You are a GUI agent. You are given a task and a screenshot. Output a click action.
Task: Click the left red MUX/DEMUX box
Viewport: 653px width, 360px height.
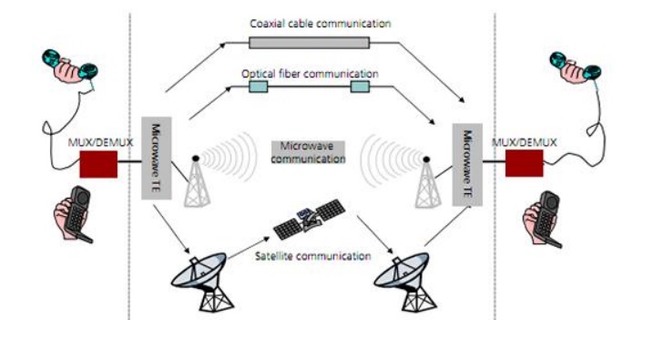[x=98, y=164]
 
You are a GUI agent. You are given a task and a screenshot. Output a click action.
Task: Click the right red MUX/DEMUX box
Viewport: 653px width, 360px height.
[x=525, y=163]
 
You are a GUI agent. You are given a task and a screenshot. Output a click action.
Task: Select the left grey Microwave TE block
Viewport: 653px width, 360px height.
[x=156, y=158]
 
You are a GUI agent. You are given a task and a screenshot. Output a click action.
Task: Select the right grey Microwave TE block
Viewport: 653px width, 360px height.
[x=467, y=165]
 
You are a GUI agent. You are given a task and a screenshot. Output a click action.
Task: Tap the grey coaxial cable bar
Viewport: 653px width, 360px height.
[x=309, y=43]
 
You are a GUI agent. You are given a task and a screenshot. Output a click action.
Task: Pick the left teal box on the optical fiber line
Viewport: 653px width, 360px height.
[x=259, y=87]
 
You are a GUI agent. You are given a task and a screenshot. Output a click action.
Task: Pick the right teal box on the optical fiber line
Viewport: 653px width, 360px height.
[x=360, y=87]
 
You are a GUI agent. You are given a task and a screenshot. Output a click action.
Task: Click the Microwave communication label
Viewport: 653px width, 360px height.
[x=308, y=152]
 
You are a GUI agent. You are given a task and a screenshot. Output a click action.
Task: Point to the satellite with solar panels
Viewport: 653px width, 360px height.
[x=309, y=219]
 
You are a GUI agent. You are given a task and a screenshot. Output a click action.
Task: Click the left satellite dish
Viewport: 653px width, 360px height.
[x=202, y=282]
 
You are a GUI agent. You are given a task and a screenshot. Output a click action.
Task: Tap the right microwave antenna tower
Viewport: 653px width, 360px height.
[x=427, y=182]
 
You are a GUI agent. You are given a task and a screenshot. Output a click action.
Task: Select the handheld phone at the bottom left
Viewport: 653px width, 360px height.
[x=73, y=214]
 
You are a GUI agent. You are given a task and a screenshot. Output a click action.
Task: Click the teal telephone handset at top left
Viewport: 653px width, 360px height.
[x=70, y=67]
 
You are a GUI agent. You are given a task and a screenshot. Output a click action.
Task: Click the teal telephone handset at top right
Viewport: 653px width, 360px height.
[x=576, y=67]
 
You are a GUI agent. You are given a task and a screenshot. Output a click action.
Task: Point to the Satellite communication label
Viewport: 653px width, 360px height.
[x=312, y=256]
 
